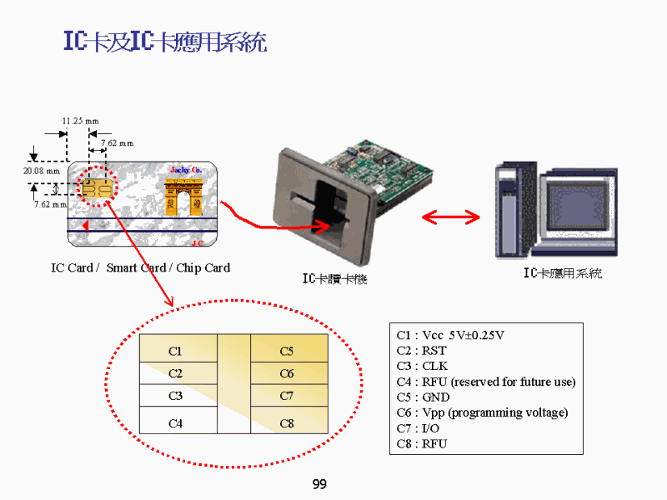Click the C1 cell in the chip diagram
(175, 352)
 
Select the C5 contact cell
(287, 352)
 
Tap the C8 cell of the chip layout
(287, 423)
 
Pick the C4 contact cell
(175, 423)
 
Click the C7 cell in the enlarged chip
(287, 396)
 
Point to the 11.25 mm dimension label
(81, 122)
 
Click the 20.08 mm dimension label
(41, 171)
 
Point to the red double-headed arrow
(450, 217)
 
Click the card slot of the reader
(321, 202)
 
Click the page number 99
(319, 484)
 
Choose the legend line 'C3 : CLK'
(422, 366)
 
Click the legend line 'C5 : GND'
(423, 397)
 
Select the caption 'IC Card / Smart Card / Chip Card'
(140, 267)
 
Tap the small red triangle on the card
(84, 226)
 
